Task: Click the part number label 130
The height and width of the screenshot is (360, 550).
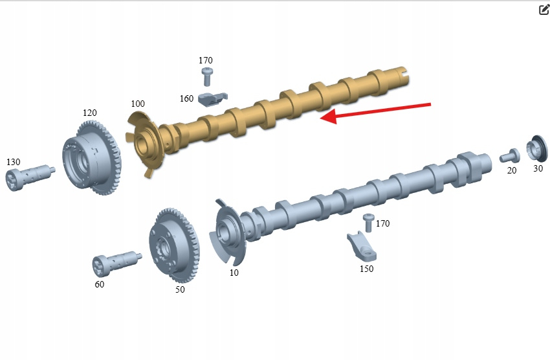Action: click(14, 162)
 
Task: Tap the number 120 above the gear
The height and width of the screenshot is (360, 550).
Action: click(90, 113)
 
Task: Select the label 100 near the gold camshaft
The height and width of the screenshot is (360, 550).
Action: click(138, 104)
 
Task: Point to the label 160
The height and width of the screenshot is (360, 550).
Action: click(186, 98)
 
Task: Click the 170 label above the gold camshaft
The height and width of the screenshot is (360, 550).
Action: click(206, 60)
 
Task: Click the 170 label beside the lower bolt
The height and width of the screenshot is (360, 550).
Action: click(382, 223)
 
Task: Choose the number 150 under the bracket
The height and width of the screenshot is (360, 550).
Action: click(366, 269)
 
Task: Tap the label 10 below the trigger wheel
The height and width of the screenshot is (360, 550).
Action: click(234, 273)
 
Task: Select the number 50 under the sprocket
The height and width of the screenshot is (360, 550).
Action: click(180, 289)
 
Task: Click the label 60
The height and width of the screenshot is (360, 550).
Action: click(100, 284)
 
